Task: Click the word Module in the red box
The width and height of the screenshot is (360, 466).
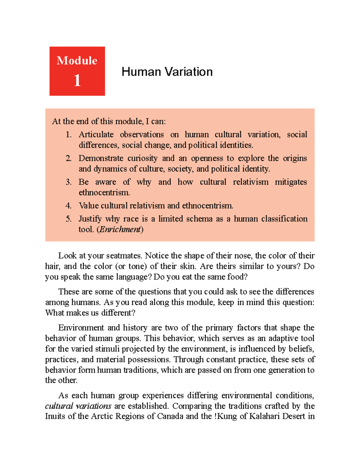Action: [x=77, y=61]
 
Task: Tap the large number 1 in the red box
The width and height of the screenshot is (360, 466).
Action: [x=77, y=80]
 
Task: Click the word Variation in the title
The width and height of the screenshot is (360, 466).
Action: [x=189, y=72]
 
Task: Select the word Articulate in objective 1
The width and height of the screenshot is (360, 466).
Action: [x=96, y=134]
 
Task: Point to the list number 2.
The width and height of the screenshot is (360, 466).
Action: [x=68, y=158]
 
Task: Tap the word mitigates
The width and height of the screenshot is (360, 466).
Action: [x=291, y=182]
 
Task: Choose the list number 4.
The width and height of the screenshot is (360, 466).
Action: [x=68, y=206]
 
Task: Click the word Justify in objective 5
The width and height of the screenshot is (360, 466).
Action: [x=90, y=219]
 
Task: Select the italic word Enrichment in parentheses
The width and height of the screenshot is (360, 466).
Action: [x=120, y=230]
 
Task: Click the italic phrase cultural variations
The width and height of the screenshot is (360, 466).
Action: [x=78, y=406]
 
